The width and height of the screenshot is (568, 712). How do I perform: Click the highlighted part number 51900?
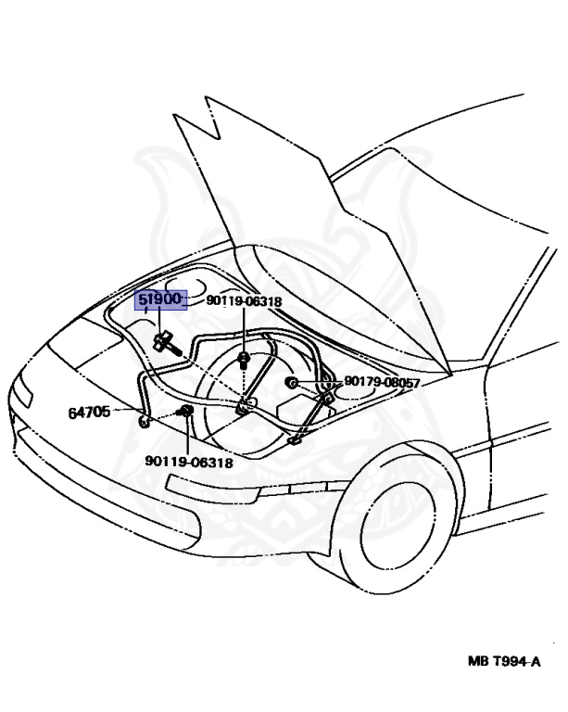(161, 300)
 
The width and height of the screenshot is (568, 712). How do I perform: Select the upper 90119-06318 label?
(244, 301)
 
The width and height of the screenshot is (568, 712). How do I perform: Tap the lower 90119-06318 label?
(188, 462)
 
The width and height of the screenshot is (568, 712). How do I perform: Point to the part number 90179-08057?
(382, 382)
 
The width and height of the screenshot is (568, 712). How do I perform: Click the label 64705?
(89, 412)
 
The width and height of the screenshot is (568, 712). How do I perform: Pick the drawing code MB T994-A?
(504, 662)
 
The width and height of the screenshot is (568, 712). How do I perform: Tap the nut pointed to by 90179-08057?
(291, 382)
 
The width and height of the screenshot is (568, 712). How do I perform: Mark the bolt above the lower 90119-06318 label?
(185, 411)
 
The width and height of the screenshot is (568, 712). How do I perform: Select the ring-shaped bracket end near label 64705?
(145, 423)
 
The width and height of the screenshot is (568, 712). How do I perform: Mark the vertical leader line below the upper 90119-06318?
(243, 329)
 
